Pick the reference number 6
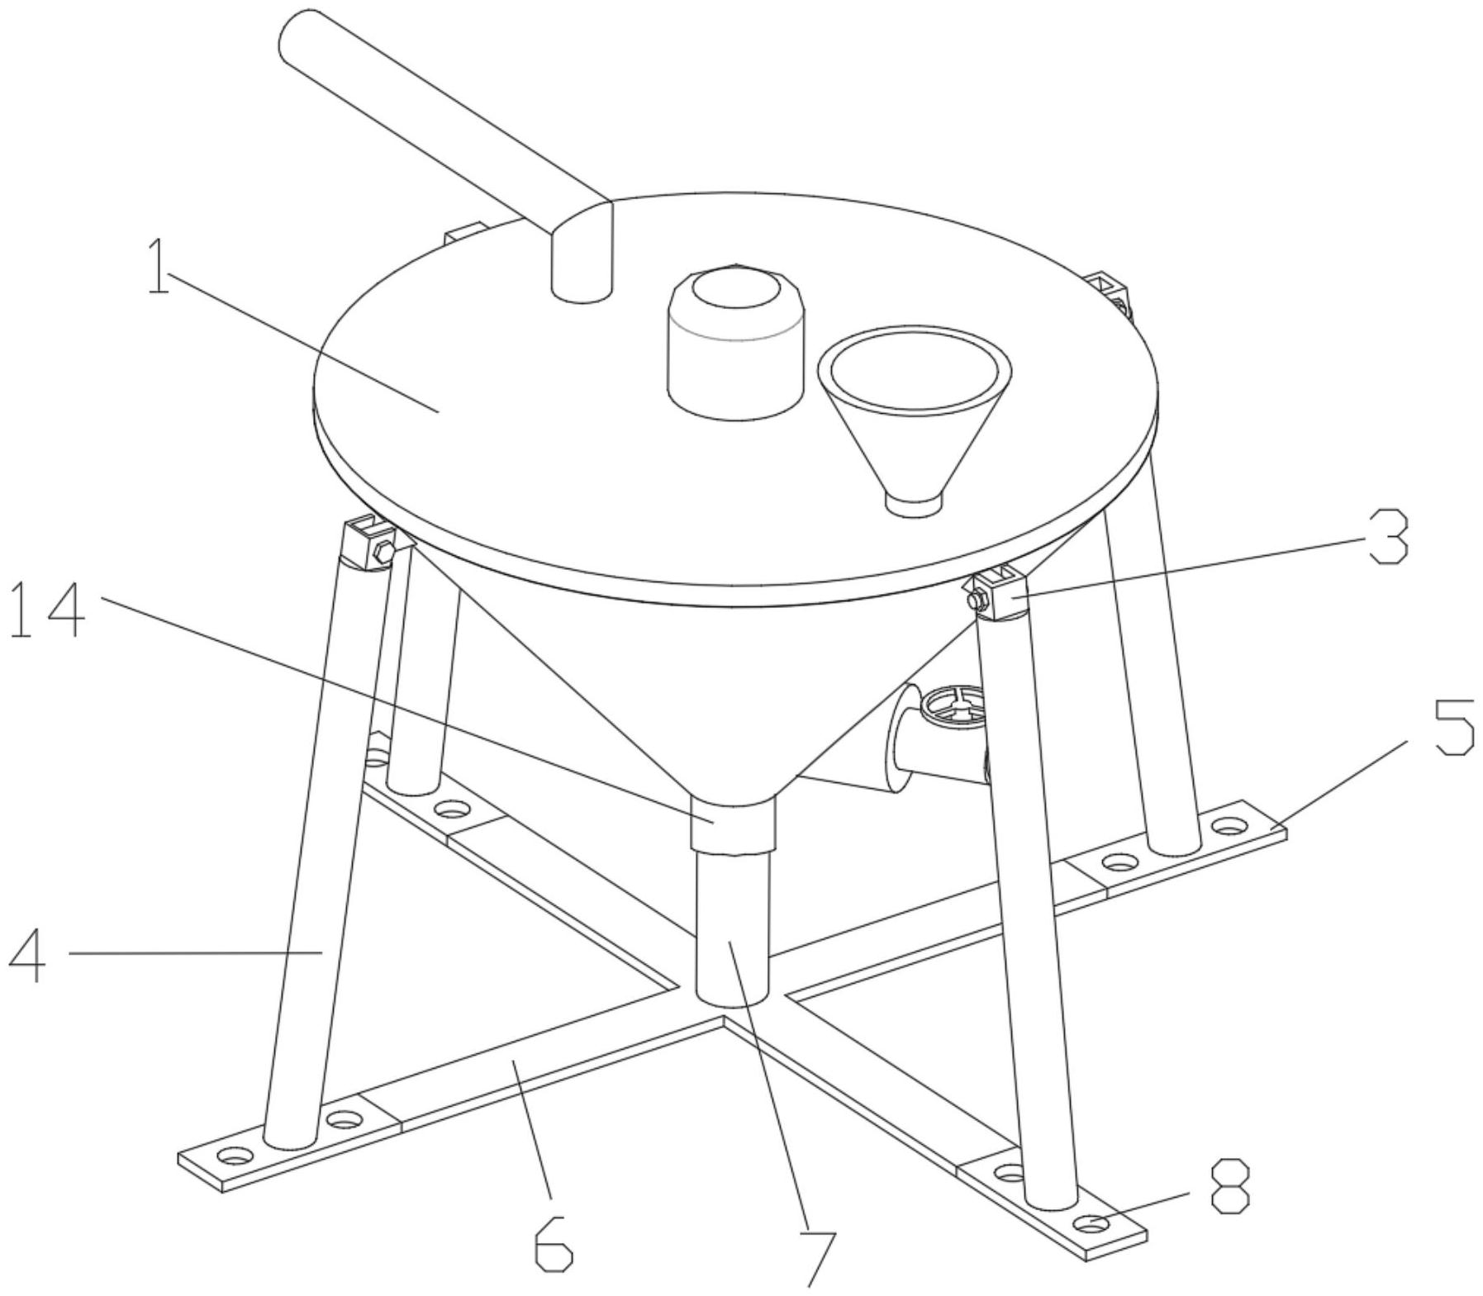point(552,1241)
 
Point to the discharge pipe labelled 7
point(733,929)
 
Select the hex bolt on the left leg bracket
point(383,552)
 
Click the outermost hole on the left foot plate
point(235,1156)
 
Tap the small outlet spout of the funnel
point(913,503)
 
